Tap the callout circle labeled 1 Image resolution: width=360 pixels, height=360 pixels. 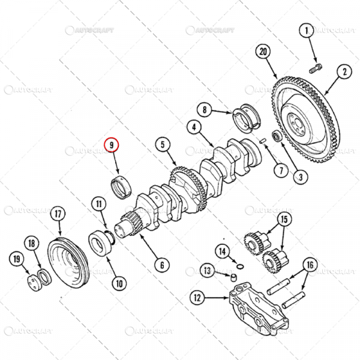point(307,30)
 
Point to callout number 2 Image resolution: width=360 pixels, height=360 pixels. point(345,73)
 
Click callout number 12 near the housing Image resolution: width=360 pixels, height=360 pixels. point(196,296)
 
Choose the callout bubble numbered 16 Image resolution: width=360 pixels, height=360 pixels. point(310,265)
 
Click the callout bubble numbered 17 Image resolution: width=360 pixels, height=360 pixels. point(58,213)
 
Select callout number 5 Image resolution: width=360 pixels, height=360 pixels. point(163,144)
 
